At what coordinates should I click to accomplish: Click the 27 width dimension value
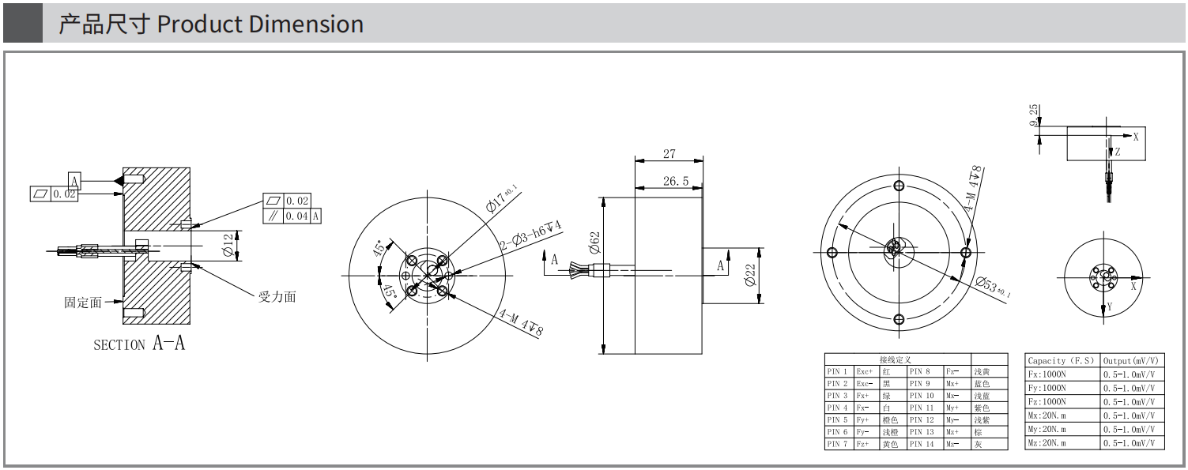coord(669,154)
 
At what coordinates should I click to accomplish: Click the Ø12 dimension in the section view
coord(229,245)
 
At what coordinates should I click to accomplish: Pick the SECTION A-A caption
coord(139,344)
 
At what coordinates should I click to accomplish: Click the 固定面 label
coord(83,302)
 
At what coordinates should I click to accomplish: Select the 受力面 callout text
coord(277,297)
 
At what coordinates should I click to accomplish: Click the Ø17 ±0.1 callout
coord(501,197)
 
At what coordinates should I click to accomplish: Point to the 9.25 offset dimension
coord(1035,115)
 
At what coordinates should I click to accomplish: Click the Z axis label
coord(1117,152)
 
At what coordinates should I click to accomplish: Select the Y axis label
coord(1109,306)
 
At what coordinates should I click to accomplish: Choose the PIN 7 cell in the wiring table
coord(838,445)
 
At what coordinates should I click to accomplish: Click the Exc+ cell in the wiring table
coord(866,371)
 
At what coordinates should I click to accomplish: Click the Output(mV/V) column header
coord(1133,361)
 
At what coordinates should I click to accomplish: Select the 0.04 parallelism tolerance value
coord(298,216)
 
